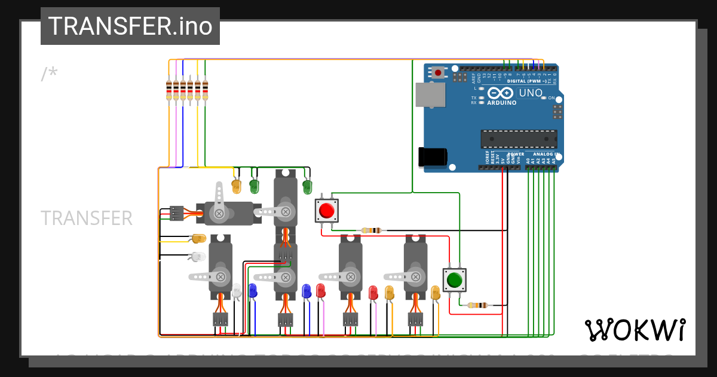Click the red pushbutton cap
click(326, 211)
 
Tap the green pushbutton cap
click(454, 279)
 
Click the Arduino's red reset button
click(439, 72)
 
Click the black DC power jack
click(433, 157)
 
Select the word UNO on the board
click(530, 93)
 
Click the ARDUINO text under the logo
click(501, 102)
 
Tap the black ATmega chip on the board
click(519, 139)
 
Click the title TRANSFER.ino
click(130, 26)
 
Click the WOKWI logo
click(635, 330)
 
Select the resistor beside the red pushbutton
click(372, 230)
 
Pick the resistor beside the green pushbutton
click(477, 305)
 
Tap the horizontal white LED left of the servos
click(197, 257)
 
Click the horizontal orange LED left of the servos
click(198, 239)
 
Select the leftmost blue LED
click(252, 291)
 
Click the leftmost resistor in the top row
click(169, 90)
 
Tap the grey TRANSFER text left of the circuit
click(87, 218)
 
